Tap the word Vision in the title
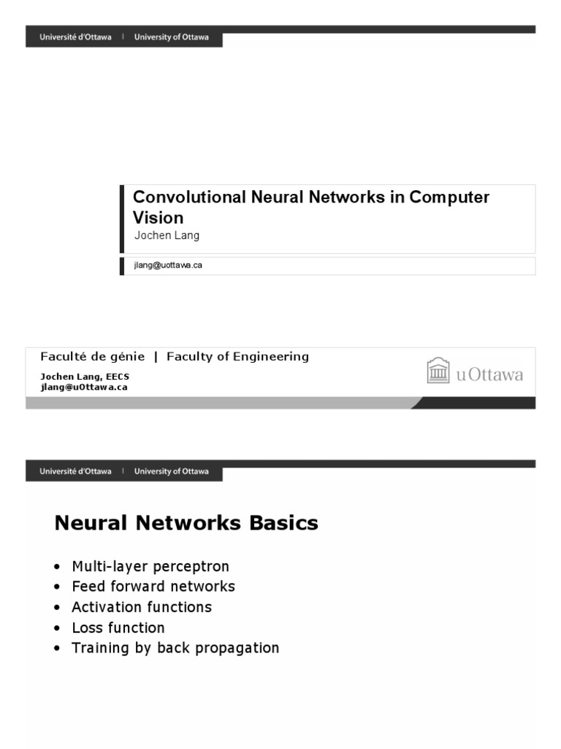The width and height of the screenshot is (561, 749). tap(158, 217)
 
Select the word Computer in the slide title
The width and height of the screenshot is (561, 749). tap(449, 197)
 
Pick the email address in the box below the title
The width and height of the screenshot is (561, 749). tap(167, 266)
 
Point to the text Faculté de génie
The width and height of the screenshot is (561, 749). tap(92, 357)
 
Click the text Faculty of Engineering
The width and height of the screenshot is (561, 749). tap(237, 357)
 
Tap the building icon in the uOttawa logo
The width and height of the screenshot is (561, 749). tap(438, 371)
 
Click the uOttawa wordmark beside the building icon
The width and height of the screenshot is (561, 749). tap(489, 374)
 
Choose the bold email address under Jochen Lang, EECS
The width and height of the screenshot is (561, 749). tap(83, 387)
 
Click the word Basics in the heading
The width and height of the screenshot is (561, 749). tap(283, 523)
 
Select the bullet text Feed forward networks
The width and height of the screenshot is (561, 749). tap(153, 587)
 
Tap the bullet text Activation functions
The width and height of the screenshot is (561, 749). tap(141, 607)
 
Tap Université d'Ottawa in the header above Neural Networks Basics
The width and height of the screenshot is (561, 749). tap(76, 472)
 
